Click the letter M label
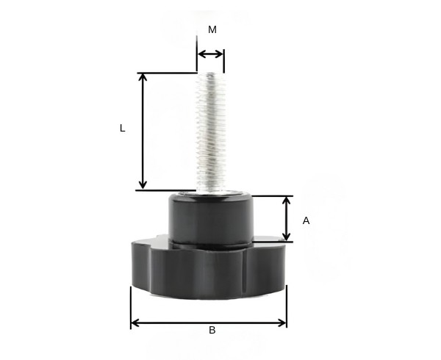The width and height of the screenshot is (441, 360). point(212,30)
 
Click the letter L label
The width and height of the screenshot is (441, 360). point(123,128)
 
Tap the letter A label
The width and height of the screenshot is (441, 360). point(306,220)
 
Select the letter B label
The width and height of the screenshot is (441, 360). point(212,331)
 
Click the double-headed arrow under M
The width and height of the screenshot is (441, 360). point(210,54)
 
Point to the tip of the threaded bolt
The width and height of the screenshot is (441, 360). point(211,74)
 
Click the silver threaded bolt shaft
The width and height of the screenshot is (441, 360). point(210,132)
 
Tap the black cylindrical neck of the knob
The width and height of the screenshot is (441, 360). point(210,217)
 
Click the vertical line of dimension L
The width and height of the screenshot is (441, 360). point(143,132)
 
